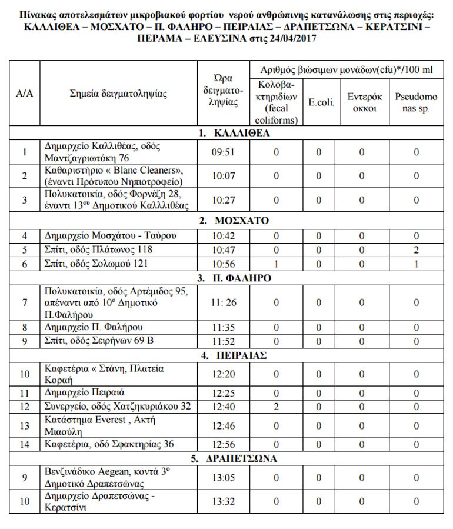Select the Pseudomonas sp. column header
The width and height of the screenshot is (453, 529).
[416, 101]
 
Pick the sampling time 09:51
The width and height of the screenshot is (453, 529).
[223, 152]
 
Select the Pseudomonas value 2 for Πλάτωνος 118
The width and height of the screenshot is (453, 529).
[416, 249]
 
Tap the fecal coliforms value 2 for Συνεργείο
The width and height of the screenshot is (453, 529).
[275, 406]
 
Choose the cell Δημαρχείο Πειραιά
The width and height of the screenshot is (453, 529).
[85, 392]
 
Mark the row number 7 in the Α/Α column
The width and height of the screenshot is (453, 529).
[25, 302]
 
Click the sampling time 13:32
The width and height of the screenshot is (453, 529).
[223, 501]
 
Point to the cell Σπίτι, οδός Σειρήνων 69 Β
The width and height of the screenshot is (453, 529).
[98, 341]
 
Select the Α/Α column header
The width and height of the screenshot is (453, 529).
[25, 93]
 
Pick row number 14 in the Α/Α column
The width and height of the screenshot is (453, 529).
[25, 444]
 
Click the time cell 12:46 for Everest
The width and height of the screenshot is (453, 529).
[223, 425]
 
